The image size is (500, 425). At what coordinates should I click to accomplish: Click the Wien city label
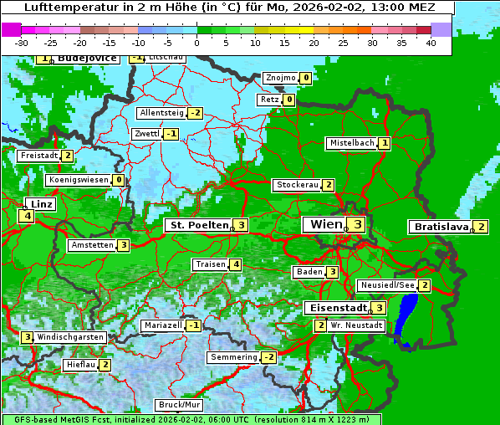point(325,224)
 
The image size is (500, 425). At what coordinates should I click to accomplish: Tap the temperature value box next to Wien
point(357,224)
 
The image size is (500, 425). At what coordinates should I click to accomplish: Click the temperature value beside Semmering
point(268,357)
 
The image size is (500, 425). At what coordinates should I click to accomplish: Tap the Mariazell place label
point(162,325)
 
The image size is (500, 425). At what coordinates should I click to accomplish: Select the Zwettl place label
point(146,134)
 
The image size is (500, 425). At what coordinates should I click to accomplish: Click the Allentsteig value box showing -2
point(195,113)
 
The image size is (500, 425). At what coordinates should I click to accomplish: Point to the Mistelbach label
point(351,143)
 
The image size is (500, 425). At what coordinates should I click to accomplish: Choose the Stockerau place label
point(298,185)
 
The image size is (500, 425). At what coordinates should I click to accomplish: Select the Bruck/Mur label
point(180,404)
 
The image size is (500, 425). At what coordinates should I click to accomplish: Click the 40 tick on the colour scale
point(430,42)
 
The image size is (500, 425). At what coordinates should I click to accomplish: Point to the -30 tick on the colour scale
point(22,42)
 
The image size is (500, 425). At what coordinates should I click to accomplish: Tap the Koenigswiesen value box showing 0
point(119,179)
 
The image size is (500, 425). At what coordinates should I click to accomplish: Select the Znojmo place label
point(280,78)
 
